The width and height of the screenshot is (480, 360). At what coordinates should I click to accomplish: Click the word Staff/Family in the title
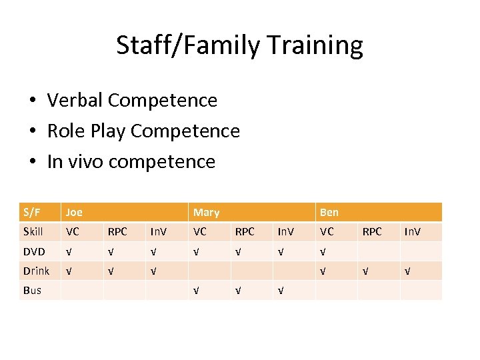(189, 45)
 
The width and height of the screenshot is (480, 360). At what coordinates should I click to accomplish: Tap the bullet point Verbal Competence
(132, 100)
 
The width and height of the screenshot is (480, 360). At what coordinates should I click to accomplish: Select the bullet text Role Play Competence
(143, 131)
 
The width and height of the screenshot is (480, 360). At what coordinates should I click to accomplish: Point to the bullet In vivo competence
(131, 161)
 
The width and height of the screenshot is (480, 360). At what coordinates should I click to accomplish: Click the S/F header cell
(31, 212)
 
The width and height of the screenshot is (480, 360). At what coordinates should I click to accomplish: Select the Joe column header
(75, 212)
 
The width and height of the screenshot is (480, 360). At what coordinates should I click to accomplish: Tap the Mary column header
(206, 212)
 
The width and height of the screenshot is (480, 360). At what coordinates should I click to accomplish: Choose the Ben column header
(329, 212)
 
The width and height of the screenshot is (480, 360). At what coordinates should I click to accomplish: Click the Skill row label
(33, 231)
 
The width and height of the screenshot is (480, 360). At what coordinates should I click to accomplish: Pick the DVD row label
(34, 251)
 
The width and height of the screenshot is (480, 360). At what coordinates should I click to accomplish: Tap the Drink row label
(36, 271)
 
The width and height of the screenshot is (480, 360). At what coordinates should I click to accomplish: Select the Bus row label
(32, 290)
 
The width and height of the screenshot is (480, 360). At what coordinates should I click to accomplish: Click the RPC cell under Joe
(117, 231)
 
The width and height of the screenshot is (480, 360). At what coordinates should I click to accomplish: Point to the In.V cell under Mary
(286, 231)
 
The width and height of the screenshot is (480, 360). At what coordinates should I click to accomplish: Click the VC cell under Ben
(327, 231)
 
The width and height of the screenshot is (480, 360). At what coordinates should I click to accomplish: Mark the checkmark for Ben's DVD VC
(323, 252)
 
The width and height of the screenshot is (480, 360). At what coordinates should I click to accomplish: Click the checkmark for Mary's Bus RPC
(238, 291)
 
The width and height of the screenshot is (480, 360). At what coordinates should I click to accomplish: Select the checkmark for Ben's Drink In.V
(408, 271)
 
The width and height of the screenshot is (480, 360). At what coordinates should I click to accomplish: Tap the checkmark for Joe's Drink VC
(69, 271)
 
